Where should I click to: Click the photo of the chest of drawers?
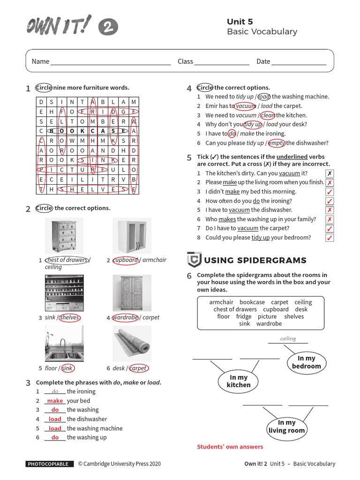click(x=64, y=235)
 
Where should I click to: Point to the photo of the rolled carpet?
click(x=132, y=345)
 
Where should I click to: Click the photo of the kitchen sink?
click(x=64, y=345)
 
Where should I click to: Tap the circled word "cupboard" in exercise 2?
click(x=126, y=260)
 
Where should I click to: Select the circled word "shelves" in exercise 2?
click(x=69, y=317)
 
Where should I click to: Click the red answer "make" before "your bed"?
click(x=55, y=401)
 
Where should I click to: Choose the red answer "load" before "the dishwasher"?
click(x=55, y=419)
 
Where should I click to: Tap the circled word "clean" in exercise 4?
click(x=268, y=115)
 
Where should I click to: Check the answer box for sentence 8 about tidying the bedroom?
click(x=330, y=238)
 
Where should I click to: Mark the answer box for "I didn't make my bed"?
click(x=330, y=192)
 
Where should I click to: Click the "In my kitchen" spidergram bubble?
click(x=239, y=381)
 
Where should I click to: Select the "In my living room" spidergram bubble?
click(x=286, y=427)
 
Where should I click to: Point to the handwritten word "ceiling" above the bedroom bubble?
click(x=288, y=339)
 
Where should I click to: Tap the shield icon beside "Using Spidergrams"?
click(x=194, y=260)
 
